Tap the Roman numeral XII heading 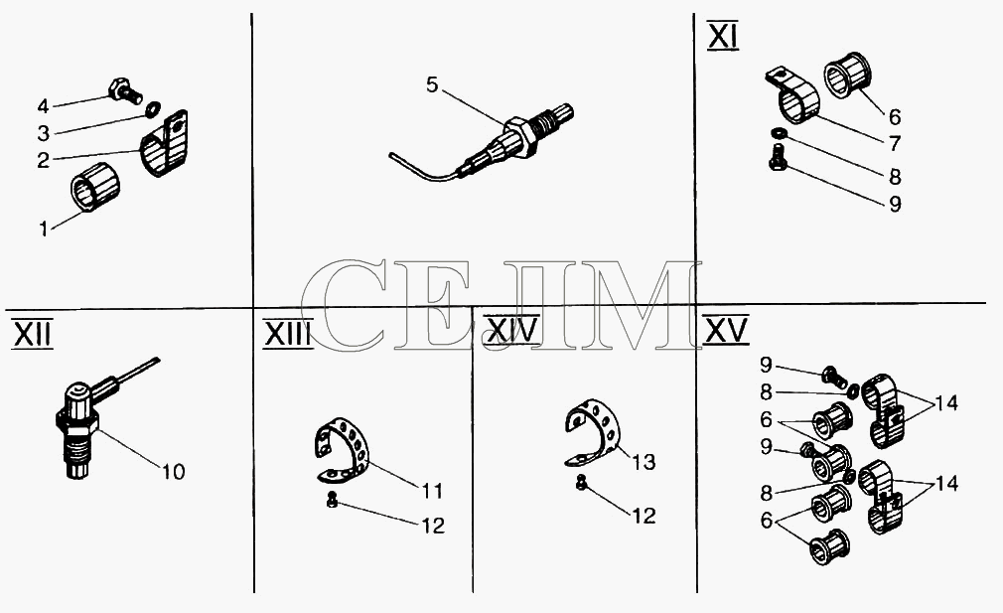point(33,334)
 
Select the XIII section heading point(288,334)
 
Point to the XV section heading point(725,330)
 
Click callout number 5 point(432,84)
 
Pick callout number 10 point(173,472)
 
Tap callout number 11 point(432,491)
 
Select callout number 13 point(645,461)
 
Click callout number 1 point(44,230)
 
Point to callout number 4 point(43,105)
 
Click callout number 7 point(894,143)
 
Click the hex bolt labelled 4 point(126,90)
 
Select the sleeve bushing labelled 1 point(96,186)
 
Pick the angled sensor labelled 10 point(96,418)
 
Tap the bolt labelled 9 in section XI point(778,155)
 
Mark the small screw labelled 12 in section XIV point(582,482)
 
